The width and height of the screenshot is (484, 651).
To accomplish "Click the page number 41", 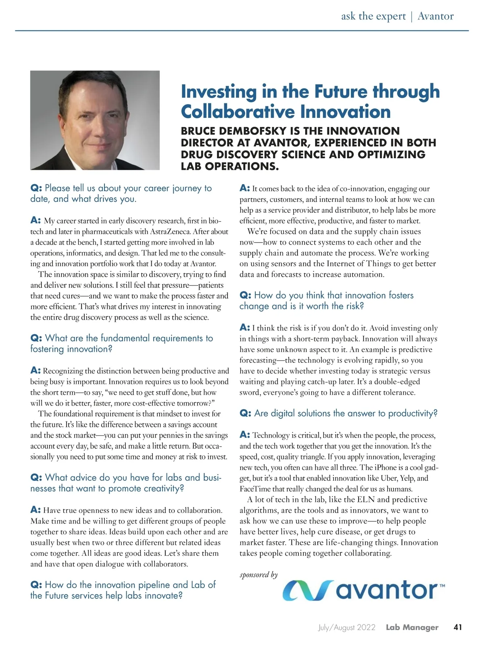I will pos(457,627).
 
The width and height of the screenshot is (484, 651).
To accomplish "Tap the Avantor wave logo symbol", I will pos(308,590).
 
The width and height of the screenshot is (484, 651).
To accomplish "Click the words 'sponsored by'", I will pos(259,574).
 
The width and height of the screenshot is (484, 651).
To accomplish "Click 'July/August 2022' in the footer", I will pos(346,628).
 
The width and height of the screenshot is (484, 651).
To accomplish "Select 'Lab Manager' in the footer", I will pos(412,628).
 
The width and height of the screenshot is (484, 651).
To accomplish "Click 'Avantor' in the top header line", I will pos(436,16).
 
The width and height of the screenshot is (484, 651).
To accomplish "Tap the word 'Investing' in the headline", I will pos(219,92).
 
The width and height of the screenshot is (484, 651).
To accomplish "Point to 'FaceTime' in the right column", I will pos(255,489).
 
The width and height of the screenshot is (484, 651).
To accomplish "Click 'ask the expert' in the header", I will pos(373,16).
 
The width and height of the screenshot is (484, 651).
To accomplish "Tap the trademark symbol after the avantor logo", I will pos(442,585).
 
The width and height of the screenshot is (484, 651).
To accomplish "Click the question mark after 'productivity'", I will pos(435,413).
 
